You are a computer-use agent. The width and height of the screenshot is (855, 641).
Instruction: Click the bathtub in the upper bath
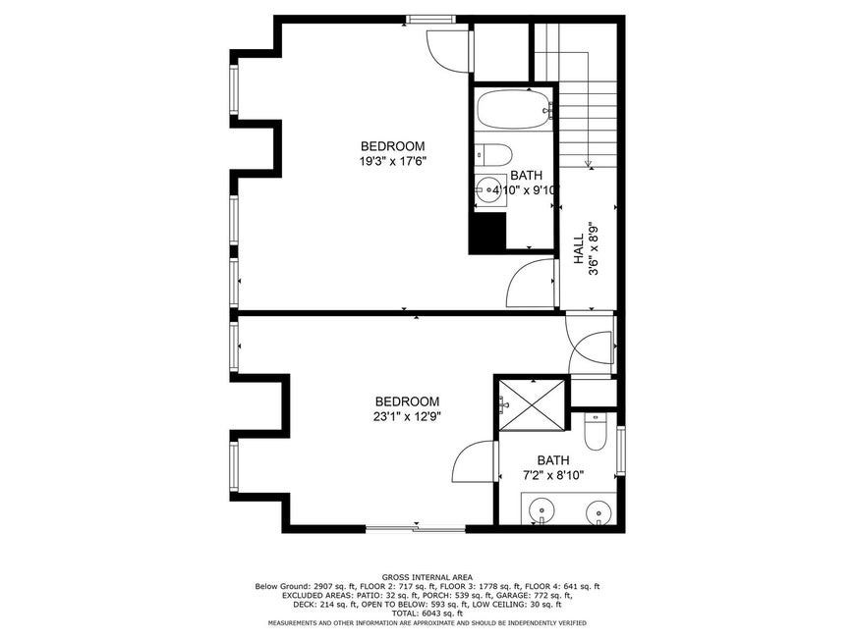pos(514,110)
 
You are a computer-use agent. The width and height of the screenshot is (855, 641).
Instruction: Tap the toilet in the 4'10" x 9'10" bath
pos(492,155)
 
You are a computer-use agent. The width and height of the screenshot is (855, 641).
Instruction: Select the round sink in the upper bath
pos(490,189)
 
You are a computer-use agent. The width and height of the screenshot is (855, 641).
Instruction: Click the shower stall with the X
pos(533,404)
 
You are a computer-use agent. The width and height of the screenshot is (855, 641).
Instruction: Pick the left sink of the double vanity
pos(541,511)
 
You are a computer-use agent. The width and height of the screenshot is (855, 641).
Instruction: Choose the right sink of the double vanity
pos(599,513)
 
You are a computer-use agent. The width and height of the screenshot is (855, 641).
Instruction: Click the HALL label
pos(579,249)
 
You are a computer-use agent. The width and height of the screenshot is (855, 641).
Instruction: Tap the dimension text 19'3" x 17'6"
pos(392,161)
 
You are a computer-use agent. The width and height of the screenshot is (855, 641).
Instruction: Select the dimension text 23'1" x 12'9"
pos(407,416)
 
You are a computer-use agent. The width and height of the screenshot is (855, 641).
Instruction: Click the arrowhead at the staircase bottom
pos(589,163)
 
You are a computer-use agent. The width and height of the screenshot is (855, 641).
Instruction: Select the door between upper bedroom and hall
pos(531,283)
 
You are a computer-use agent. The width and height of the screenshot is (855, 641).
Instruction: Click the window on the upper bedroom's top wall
pos(431,20)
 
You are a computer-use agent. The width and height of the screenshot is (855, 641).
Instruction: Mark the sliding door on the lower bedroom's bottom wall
pos(416,528)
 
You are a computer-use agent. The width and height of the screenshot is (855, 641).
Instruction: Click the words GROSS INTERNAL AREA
pos(427,577)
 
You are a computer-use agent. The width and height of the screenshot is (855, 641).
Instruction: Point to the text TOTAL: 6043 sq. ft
pos(427,614)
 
